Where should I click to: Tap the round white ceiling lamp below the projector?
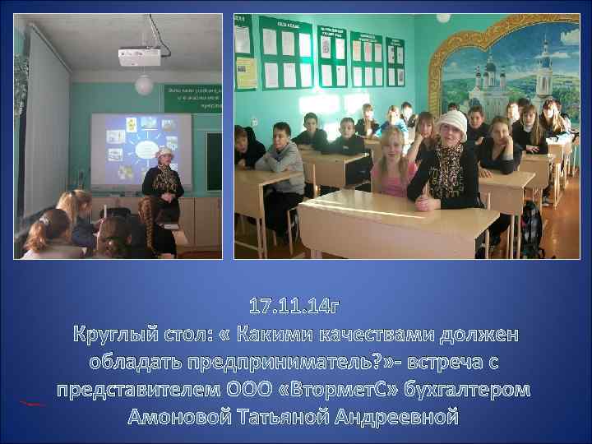[144, 84]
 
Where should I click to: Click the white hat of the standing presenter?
[164, 154]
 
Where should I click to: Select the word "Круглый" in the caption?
[118, 335]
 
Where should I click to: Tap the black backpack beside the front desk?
[531, 226]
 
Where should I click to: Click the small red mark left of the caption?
[34, 403]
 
